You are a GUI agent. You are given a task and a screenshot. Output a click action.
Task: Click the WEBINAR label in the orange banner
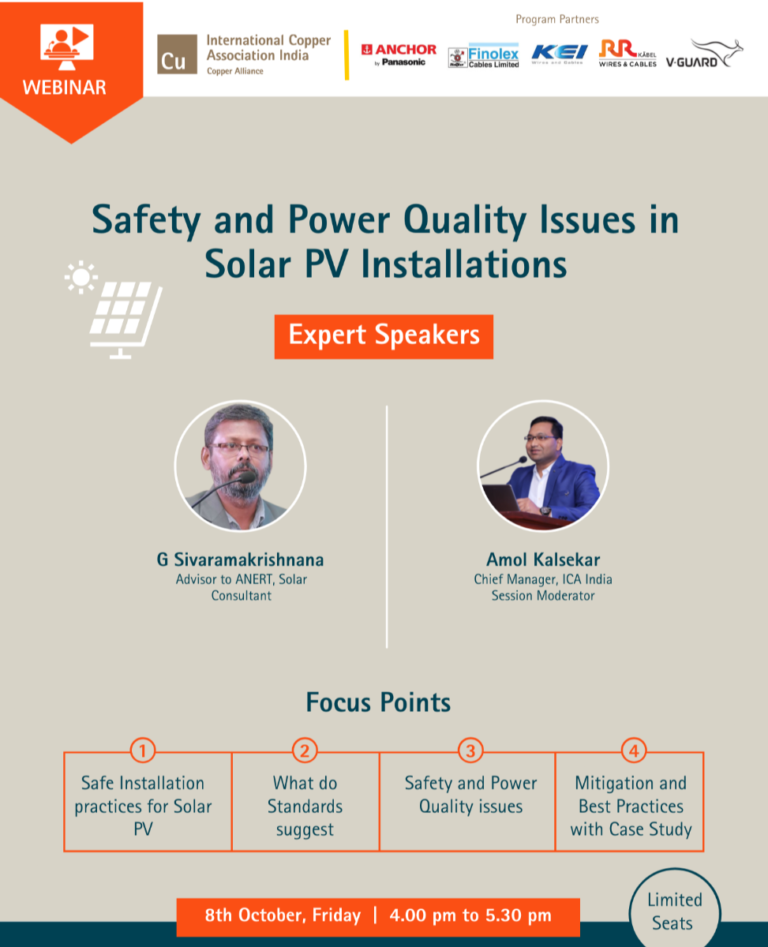[x=65, y=88]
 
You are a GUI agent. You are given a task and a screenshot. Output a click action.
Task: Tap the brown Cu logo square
[x=177, y=54]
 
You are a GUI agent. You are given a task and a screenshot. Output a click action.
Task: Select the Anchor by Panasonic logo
[x=399, y=54]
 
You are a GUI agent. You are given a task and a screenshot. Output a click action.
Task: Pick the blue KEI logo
[x=560, y=54]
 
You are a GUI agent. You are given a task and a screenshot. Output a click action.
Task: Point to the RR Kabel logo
[x=628, y=54]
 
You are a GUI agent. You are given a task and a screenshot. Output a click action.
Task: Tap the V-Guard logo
[x=704, y=54]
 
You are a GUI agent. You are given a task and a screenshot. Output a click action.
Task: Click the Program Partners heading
[x=557, y=20]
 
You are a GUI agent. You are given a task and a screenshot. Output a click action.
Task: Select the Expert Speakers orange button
[x=384, y=336]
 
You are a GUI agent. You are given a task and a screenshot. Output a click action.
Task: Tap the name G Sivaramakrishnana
[x=240, y=560]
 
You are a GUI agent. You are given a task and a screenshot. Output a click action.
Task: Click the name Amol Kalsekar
[x=543, y=560]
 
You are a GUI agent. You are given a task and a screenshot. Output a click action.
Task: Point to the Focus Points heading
[x=378, y=703]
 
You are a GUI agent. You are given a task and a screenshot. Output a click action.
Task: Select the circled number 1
[x=143, y=751]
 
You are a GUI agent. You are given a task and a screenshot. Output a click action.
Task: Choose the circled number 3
[x=470, y=751]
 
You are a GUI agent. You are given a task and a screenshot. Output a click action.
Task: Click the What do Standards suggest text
[x=305, y=806]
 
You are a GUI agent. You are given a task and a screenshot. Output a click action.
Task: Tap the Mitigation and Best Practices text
[x=631, y=795]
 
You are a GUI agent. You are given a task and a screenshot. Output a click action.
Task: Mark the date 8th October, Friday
[x=283, y=915]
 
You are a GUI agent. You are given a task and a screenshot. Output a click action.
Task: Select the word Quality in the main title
[x=465, y=222]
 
